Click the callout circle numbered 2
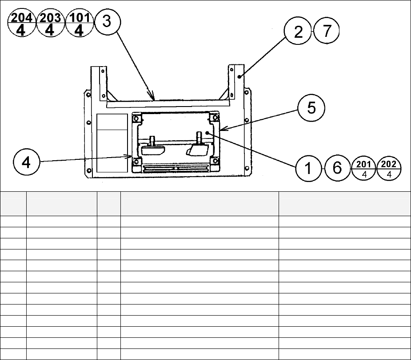pos(298,32)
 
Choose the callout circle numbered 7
pos(326,32)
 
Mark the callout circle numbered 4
pos(27,162)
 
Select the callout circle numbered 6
pos(337,168)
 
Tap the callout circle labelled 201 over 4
pos(363,168)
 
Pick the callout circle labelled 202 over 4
pos(389,168)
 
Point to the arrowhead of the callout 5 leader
pos(221,130)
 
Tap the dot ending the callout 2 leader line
pos(239,77)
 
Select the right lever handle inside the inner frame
pos(198,149)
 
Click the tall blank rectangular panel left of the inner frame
pos(112,143)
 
